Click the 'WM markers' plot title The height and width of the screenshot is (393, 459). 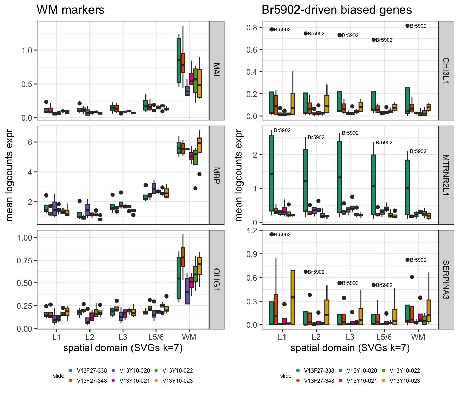[70, 10]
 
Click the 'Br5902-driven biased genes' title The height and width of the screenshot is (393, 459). [337, 10]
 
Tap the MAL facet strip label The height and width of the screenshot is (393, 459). [216, 71]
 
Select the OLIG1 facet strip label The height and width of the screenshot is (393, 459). [216, 279]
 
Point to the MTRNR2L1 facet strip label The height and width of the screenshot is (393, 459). [446, 175]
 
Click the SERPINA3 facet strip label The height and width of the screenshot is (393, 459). [446, 280]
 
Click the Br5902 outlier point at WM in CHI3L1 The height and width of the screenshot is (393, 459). [407, 26]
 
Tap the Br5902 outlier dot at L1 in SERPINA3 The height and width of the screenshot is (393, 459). [272, 234]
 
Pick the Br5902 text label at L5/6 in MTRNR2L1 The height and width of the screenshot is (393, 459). [384, 143]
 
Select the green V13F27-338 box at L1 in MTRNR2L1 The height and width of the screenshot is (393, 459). [272, 173]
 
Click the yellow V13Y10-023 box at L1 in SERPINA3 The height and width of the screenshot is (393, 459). [293, 297]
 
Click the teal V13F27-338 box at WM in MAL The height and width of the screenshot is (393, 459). [179, 60]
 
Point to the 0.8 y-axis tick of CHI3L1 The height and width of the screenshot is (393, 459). [252, 28]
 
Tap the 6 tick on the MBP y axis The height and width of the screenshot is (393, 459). [30, 142]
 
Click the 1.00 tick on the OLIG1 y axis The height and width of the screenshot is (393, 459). [25, 237]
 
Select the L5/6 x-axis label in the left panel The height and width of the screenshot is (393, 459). [156, 337]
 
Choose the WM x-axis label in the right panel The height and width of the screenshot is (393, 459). [418, 337]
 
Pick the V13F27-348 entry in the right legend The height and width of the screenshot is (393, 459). [316, 381]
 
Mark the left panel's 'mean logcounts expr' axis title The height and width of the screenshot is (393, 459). [9, 175]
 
